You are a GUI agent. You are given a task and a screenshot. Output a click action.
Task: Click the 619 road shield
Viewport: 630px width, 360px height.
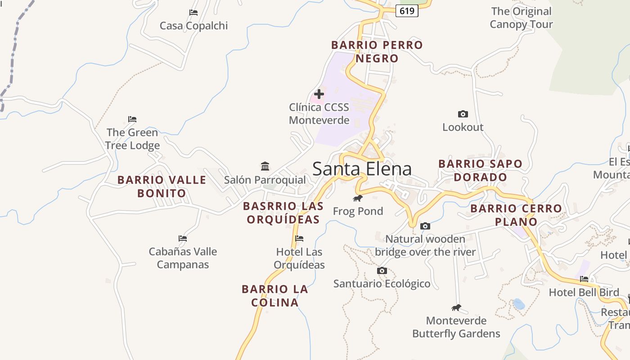pyautogui.click(x=407, y=11)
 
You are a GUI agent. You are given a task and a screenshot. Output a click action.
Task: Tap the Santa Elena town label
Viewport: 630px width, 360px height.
pyautogui.click(x=362, y=169)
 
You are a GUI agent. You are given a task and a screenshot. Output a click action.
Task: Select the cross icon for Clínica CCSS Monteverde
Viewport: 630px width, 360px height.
pyautogui.click(x=319, y=94)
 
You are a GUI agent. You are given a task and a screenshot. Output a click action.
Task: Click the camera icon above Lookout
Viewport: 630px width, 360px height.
pyautogui.click(x=463, y=114)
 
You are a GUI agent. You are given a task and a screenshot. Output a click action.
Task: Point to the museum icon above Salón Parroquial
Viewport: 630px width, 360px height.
pyautogui.click(x=265, y=166)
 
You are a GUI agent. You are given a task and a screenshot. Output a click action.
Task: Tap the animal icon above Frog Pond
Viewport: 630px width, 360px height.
pyautogui.click(x=358, y=198)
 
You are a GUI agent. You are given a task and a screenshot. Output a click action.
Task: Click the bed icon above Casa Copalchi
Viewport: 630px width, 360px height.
pyautogui.click(x=193, y=13)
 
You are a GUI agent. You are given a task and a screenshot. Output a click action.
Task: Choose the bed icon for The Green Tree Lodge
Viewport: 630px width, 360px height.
pyautogui.click(x=132, y=119)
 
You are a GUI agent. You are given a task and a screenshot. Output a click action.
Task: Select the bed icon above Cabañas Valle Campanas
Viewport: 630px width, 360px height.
pyautogui.click(x=182, y=238)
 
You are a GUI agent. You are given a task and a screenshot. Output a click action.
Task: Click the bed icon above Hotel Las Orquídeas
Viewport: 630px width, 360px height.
pyautogui.click(x=299, y=238)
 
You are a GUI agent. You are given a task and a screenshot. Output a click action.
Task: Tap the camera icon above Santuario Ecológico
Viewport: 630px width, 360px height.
pyautogui.click(x=382, y=270)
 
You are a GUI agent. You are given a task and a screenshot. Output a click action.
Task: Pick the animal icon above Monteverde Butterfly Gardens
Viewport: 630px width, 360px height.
pyautogui.click(x=456, y=308)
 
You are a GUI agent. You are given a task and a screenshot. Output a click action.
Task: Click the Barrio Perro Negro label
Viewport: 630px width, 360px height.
pyautogui.click(x=377, y=52)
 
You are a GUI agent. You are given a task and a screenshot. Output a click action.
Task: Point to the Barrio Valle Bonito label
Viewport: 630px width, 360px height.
pyautogui.click(x=162, y=187)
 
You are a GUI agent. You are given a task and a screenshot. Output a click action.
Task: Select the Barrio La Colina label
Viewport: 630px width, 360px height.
pyautogui.click(x=275, y=296)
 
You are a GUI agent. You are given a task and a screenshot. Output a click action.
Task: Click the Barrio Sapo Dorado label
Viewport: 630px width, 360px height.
pyautogui.click(x=481, y=170)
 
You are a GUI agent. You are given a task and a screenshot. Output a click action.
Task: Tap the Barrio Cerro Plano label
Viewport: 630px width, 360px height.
pyautogui.click(x=516, y=215)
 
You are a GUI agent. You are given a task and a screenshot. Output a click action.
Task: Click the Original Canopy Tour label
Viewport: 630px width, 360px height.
pyautogui.click(x=521, y=18)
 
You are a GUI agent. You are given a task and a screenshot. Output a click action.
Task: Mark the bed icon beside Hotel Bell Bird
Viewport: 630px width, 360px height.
pyautogui.click(x=584, y=279)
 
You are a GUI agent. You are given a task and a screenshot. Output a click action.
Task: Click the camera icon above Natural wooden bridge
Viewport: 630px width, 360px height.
pyautogui.click(x=425, y=226)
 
